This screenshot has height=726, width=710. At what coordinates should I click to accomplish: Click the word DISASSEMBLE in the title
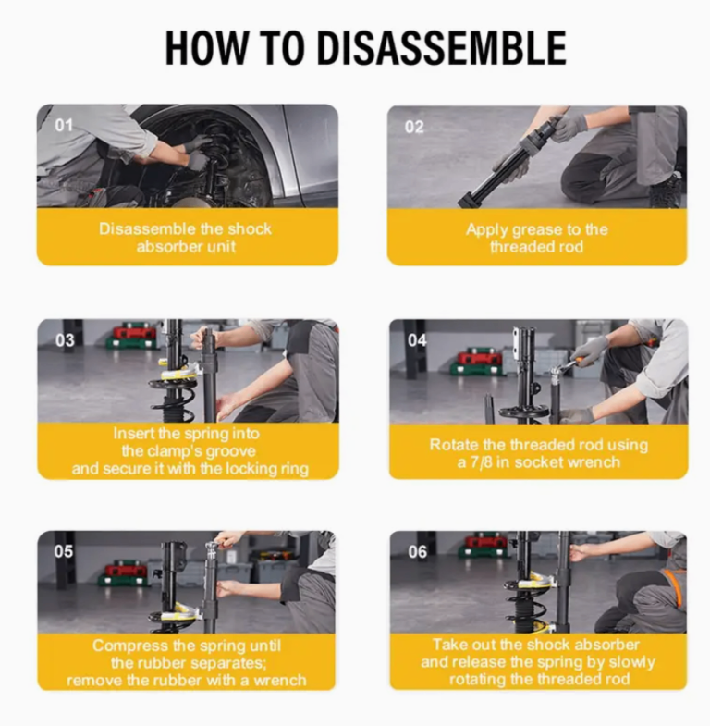point(442,48)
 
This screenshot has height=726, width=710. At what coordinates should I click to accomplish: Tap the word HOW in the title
point(206,48)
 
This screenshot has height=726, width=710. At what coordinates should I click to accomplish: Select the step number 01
point(64,125)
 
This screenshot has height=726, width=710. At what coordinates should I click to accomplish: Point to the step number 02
point(414,127)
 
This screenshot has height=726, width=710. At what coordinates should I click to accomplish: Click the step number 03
point(65,340)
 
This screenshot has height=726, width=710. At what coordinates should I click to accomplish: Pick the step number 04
point(417,340)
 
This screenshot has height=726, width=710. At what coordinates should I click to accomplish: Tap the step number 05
point(64,551)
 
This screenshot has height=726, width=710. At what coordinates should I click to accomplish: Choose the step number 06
point(418,551)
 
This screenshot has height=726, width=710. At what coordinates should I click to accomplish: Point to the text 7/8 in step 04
point(481,462)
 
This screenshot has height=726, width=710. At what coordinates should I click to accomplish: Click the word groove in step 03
point(230,451)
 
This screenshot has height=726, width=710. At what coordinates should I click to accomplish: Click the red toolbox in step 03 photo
point(134,332)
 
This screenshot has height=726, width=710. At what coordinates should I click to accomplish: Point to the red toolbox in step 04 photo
point(480,358)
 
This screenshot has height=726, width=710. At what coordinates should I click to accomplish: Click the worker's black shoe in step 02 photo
point(667,191)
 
